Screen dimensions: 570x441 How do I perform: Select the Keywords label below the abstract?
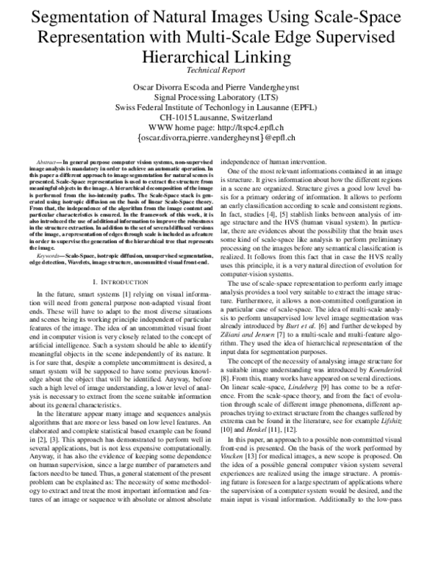[49, 256]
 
